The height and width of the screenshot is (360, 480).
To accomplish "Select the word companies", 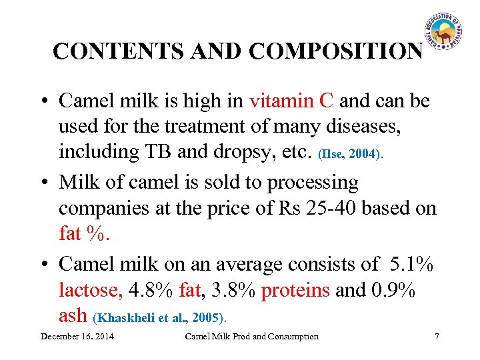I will [107, 208].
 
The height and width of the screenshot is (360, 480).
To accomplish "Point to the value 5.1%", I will [408, 264].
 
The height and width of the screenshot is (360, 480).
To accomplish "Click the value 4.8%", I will [150, 290].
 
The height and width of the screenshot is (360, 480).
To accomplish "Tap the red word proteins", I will [295, 290].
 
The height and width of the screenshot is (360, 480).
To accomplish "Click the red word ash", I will [73, 316].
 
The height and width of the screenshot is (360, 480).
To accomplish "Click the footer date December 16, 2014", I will [77, 336].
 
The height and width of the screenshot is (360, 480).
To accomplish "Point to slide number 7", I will [437, 336].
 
